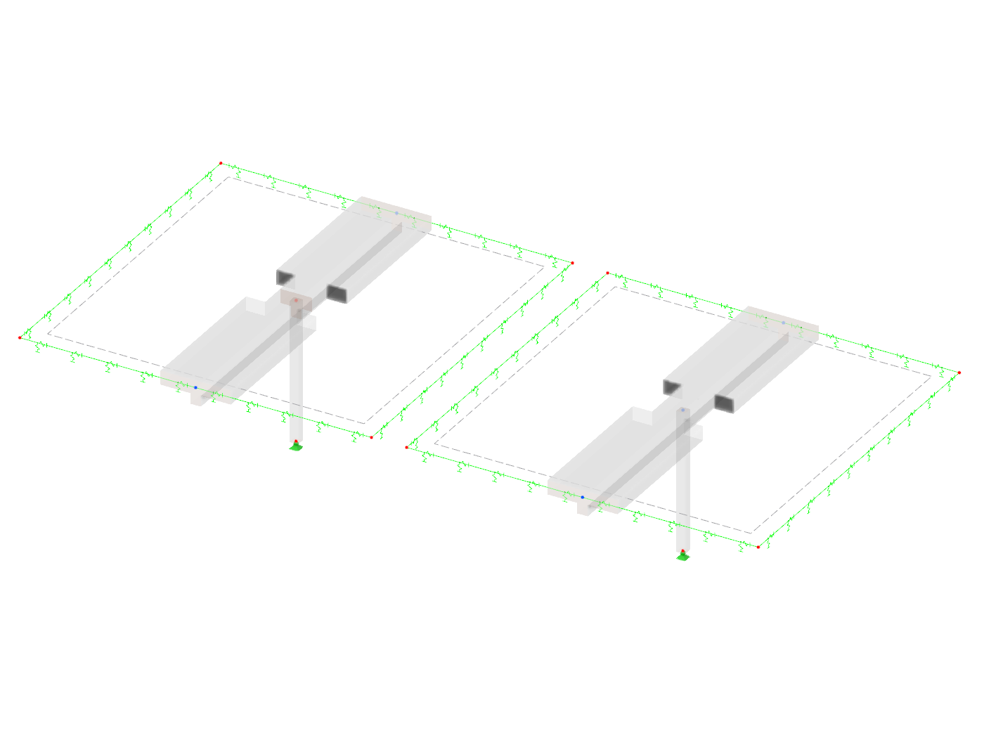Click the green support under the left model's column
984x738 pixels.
coord(296,446)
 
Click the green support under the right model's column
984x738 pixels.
coord(682,557)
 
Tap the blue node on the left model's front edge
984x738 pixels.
coord(195,387)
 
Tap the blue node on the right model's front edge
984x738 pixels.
coord(582,497)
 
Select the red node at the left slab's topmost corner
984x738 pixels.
coord(221,163)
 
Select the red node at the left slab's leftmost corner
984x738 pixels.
coord(20,338)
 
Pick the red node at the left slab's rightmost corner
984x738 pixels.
coord(573,263)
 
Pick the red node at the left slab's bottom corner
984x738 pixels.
coord(372,437)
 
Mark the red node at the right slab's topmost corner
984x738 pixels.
coord(607,273)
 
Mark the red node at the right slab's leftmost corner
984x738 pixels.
coord(406,447)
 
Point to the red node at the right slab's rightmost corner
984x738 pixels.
coord(959,373)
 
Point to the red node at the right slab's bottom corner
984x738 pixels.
coord(758,547)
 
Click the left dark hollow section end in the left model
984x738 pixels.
coord(285,277)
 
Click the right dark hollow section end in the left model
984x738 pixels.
coord(337,292)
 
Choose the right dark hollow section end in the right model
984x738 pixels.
coord(725,403)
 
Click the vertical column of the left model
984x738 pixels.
coord(296,380)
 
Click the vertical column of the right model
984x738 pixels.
coord(682,485)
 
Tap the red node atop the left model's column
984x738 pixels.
coord(296,301)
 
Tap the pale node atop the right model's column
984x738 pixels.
coord(682,410)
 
